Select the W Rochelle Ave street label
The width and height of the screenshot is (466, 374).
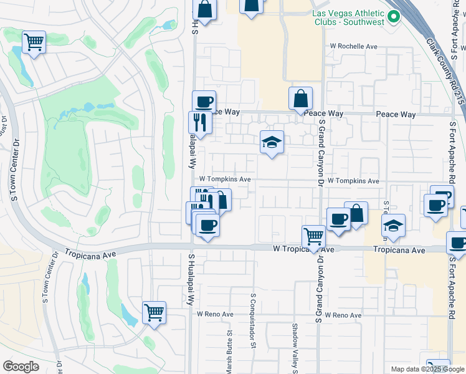[354, 47]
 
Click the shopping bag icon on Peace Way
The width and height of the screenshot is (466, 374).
[300, 99]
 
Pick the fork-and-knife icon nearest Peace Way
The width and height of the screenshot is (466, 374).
[200, 122]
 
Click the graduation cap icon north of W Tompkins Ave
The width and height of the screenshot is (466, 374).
[272, 143]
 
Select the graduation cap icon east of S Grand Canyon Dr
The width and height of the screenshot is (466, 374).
[393, 226]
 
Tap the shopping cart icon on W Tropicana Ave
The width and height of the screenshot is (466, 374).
[313, 237]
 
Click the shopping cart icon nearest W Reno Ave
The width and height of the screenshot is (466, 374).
[154, 312]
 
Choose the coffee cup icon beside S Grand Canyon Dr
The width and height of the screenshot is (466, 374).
[338, 219]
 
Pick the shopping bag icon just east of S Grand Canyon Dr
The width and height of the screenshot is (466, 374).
[356, 214]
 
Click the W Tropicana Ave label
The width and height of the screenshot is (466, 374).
[304, 249]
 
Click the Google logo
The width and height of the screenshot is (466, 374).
[21, 367]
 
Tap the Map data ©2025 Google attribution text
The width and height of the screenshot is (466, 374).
[427, 369]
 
